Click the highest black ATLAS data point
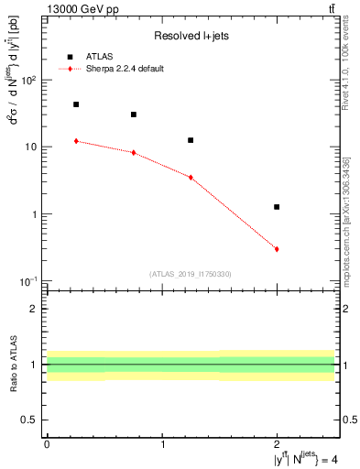76,104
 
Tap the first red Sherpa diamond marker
76,141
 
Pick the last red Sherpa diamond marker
277,249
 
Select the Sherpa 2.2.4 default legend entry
125,69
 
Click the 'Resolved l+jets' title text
191,36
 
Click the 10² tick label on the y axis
27,81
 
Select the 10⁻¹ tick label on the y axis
27,281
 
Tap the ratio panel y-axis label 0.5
32,420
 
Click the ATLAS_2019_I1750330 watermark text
190,274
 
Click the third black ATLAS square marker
191,140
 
